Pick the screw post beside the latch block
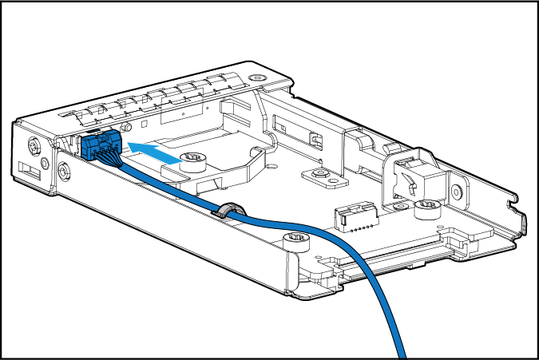tap(426, 209)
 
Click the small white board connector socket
tap(353, 216)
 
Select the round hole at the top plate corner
tap(256, 78)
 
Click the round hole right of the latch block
tap(457, 192)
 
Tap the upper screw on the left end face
tap(34, 146)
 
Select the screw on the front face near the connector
tap(63, 170)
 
